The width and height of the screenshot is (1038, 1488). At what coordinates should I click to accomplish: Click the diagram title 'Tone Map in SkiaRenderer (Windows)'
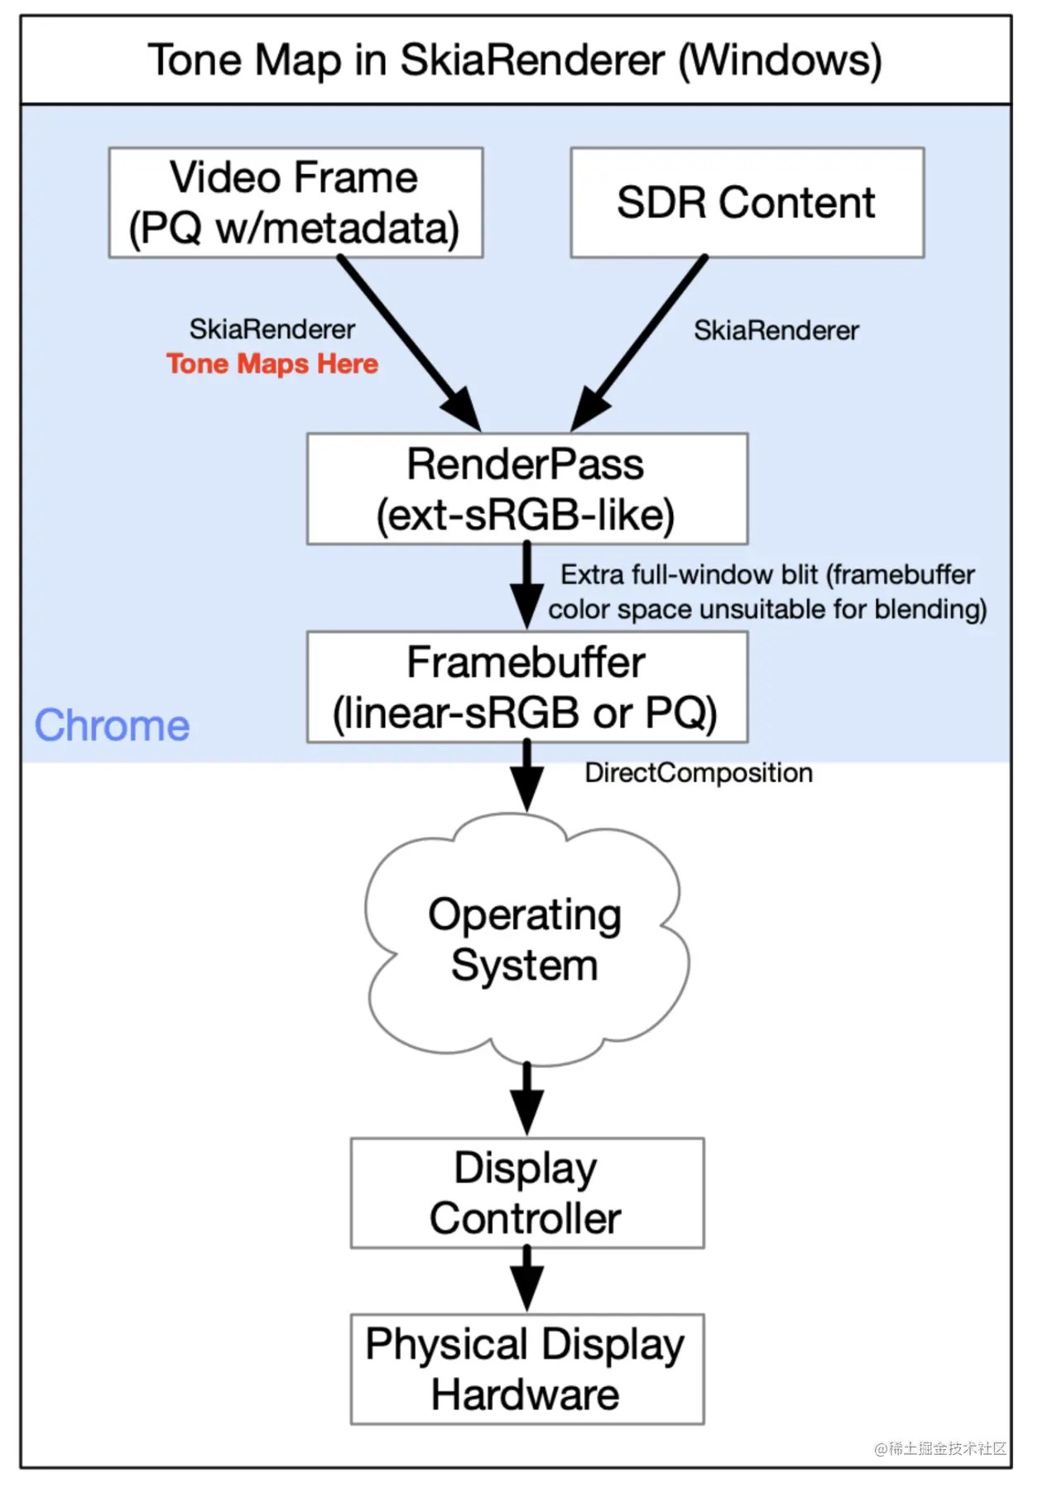(515, 60)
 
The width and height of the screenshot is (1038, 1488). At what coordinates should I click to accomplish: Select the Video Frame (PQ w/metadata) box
(296, 203)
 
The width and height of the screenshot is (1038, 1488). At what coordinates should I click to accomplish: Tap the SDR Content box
(747, 203)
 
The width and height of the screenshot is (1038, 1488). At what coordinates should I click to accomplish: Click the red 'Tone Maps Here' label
(272, 364)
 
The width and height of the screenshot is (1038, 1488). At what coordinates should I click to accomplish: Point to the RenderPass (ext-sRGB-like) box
(526, 489)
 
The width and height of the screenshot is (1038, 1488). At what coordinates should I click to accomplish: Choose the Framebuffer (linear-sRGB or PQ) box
(526, 687)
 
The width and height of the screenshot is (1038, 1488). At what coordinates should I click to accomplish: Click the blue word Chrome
(112, 726)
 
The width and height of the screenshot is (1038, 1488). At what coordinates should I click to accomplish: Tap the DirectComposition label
(699, 773)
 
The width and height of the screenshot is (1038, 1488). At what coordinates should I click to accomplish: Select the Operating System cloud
(525, 940)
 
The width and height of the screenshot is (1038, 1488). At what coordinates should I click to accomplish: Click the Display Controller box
(526, 1193)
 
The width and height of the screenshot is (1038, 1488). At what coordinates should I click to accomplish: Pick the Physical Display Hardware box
(526, 1369)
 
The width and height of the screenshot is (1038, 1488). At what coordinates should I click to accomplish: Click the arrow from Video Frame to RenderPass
(406, 339)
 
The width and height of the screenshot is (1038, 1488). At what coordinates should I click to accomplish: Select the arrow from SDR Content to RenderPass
(644, 339)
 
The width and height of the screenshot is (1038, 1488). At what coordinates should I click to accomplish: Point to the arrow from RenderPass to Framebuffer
(526, 586)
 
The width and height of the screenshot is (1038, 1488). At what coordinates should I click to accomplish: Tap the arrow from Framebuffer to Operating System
(526, 776)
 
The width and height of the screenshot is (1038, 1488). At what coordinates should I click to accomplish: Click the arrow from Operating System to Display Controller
(526, 1099)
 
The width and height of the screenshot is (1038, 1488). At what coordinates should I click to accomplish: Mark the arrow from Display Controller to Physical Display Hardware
(526, 1279)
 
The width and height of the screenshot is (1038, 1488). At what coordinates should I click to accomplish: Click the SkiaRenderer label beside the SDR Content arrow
(776, 331)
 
